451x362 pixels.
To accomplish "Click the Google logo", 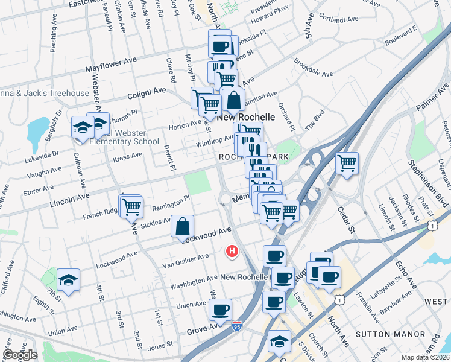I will [x=20, y=355].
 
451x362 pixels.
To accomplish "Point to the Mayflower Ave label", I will [x=112, y=63].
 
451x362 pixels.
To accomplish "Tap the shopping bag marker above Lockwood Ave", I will [x=182, y=227].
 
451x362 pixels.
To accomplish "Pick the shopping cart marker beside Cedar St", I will [x=347, y=162].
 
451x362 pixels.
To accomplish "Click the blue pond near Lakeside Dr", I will [x=37, y=128].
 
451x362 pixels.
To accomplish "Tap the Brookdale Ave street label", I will [x=314, y=69].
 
